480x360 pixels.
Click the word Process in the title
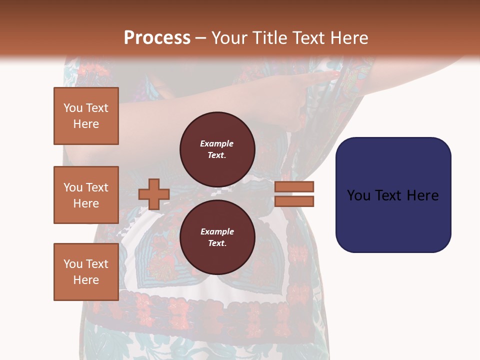click(x=157, y=37)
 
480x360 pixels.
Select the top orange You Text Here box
click(x=86, y=116)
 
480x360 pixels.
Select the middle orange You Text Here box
click(x=86, y=195)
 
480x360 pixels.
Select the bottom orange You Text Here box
click(x=86, y=271)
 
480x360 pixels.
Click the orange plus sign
click(x=153, y=194)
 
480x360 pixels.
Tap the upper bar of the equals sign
click(x=294, y=186)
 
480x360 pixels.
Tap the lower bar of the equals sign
click(x=294, y=201)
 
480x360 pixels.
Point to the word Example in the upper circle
click(x=216, y=143)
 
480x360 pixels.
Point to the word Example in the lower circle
click(x=216, y=231)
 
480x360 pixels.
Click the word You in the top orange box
click(x=73, y=108)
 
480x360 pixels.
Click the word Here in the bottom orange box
click(x=86, y=280)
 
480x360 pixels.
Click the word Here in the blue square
click(x=422, y=195)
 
